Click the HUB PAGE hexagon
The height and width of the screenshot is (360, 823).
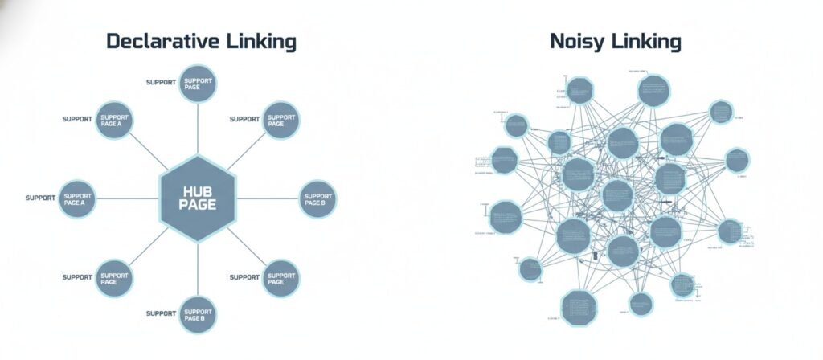pyautogui.click(x=199, y=198)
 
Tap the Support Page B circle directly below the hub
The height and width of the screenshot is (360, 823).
pyautogui.click(x=198, y=314)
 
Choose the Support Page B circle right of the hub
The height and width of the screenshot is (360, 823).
pyautogui.click(x=317, y=199)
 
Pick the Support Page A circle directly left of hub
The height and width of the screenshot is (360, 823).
pyautogui.click(x=78, y=199)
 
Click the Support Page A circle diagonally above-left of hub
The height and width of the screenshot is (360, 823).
pyautogui.click(x=114, y=120)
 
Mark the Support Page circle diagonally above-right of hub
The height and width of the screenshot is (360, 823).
pyautogui.click(x=282, y=120)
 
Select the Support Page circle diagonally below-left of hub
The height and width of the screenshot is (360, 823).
pyautogui.click(x=114, y=278)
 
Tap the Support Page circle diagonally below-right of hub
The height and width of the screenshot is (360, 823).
pyautogui.click(x=282, y=278)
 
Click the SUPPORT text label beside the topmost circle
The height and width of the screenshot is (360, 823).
pyautogui.click(x=161, y=83)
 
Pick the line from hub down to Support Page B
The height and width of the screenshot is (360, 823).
pyautogui.click(x=199, y=269)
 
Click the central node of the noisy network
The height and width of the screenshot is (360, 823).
pyautogui.click(x=617, y=195)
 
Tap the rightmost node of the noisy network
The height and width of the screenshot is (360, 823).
pyautogui.click(x=737, y=160)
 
